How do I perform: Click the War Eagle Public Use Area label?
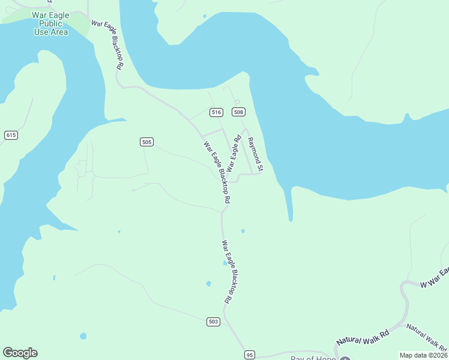(x=51, y=23)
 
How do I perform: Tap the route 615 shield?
(x=11, y=135)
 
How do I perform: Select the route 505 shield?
(x=147, y=142)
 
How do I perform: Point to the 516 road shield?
(x=216, y=112)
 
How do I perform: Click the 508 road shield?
(x=239, y=112)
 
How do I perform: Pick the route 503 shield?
(x=213, y=322)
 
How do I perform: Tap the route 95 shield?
(x=250, y=355)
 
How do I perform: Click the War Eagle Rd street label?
(x=234, y=154)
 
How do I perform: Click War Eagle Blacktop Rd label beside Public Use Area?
(x=108, y=44)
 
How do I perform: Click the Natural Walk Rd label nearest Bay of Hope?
(x=363, y=337)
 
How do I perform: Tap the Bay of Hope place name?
(x=313, y=358)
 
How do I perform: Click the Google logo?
(x=20, y=353)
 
